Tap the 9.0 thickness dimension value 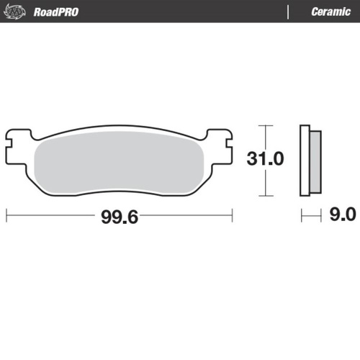click(341, 215)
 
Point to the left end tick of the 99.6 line click(6, 215)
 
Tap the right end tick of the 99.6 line click(232, 215)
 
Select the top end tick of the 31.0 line click(267, 125)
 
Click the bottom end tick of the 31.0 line click(267, 195)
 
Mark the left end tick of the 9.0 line click(302, 215)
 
